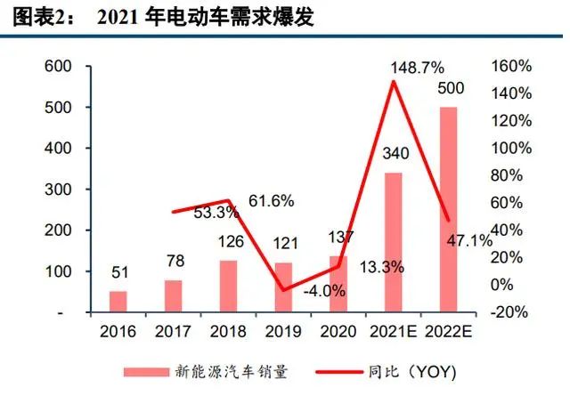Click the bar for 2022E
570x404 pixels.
448,210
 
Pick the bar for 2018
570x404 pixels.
228,287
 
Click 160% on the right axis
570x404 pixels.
510,66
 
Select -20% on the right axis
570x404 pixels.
510,312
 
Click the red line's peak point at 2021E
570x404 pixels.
393,82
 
